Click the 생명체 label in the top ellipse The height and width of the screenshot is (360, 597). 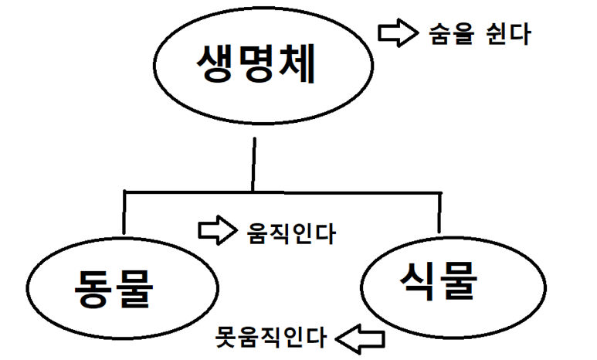point(256,65)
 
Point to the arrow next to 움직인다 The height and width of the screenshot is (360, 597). point(216,230)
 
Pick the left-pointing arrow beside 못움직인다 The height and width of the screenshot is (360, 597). point(363,338)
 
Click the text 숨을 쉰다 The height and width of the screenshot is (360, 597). point(478,33)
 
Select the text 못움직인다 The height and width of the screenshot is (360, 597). point(270,338)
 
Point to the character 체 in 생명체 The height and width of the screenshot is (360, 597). point(297,65)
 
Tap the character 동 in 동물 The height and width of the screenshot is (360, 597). point(93,290)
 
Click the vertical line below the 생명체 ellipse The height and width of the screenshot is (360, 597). point(253,164)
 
